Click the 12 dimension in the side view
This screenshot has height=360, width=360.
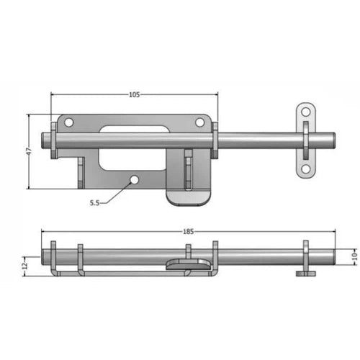click(27, 265)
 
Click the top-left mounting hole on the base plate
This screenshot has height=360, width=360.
click(69, 123)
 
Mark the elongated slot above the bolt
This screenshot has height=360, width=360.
click(134, 130)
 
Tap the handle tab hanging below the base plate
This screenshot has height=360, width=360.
click(189, 194)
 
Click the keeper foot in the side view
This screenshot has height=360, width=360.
click(305, 273)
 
